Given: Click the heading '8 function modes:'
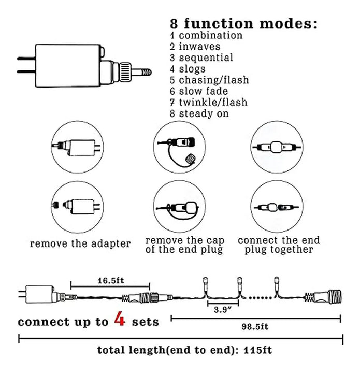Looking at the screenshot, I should click(x=243, y=24).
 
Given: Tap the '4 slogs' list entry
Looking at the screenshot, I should click(x=188, y=69).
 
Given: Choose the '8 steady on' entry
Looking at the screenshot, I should click(x=199, y=113).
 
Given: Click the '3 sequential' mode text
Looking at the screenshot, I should click(x=201, y=58).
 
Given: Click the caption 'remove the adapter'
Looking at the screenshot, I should click(x=80, y=243).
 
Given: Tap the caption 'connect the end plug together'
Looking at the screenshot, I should click(x=279, y=245).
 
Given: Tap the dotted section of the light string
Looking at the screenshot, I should click(x=258, y=297).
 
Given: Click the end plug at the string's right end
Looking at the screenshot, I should click(x=326, y=297).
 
